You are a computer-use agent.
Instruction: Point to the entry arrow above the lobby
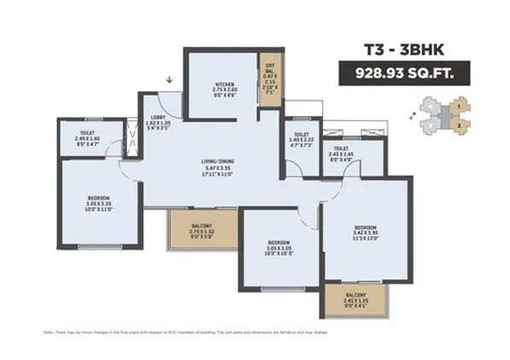[x=171, y=81]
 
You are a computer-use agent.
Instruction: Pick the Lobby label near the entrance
[x=159, y=117]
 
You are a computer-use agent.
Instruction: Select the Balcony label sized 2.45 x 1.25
[x=354, y=295]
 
